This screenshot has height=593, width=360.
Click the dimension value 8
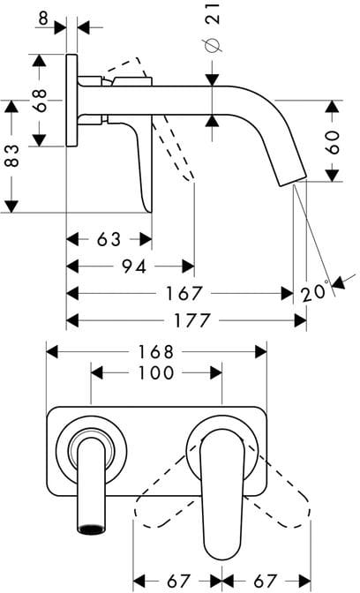pyautogui.click(x=44, y=19)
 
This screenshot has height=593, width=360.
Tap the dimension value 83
pyautogui.click(x=11, y=156)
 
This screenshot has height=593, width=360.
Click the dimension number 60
pyautogui.click(x=333, y=142)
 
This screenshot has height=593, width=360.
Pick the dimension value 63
pyautogui.click(x=109, y=239)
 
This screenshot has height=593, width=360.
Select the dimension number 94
pyautogui.click(x=135, y=267)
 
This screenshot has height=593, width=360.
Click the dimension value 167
pyautogui.click(x=184, y=294)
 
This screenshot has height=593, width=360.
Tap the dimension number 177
pyautogui.click(x=191, y=320)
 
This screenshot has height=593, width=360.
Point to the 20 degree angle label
pyautogui.click(x=314, y=292)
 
